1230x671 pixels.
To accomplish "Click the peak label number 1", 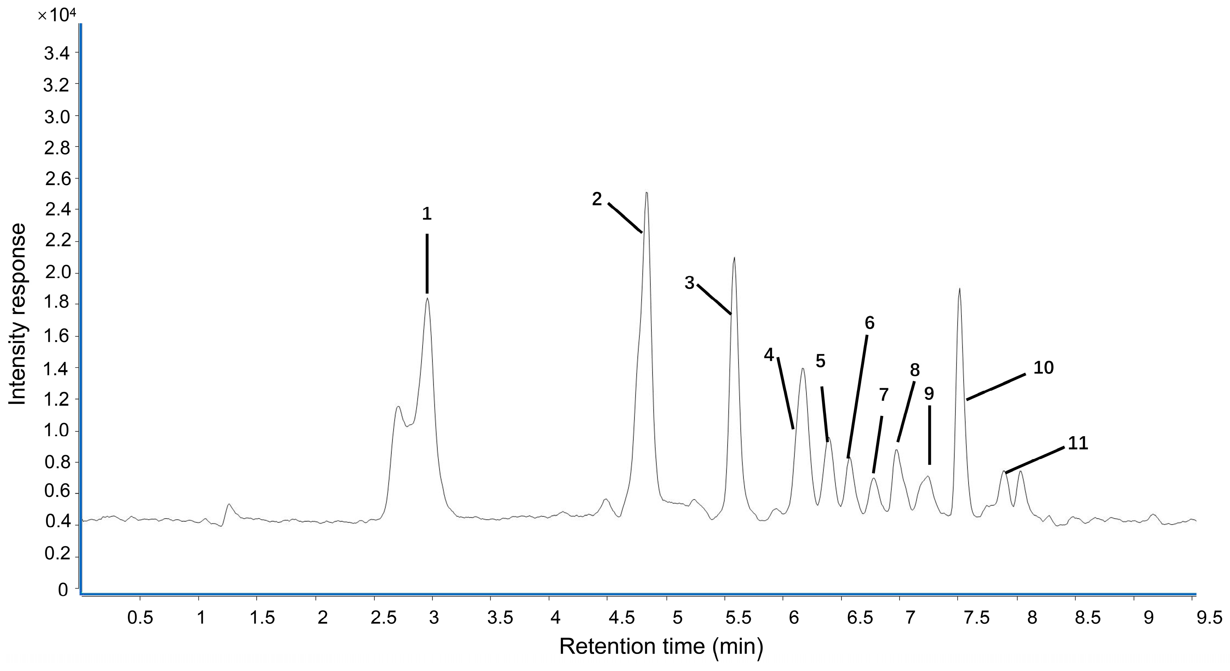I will click(x=427, y=214).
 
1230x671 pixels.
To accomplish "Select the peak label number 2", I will click(x=597, y=199).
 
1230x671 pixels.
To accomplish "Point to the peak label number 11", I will click(x=1078, y=443).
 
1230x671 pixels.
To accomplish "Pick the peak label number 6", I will click(x=869, y=323).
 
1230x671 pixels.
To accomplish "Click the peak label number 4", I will click(x=769, y=355).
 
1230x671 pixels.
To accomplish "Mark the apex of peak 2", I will click(x=647, y=193).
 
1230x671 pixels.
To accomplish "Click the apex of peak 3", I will click(x=734, y=258).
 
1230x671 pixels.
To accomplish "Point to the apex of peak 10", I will click(x=959, y=289).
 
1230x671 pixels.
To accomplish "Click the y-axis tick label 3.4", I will click(x=56, y=53).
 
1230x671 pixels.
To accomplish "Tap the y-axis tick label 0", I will click(x=63, y=590).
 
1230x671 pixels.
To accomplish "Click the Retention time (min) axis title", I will click(x=661, y=647).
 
